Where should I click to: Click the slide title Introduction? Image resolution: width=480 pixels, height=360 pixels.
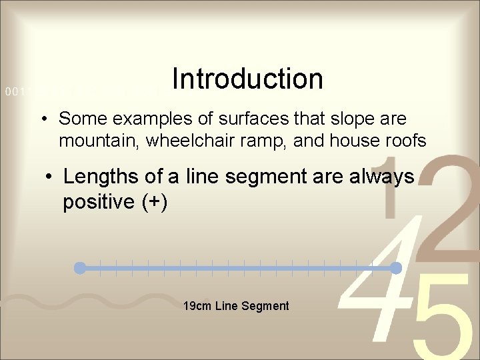[x=247, y=79]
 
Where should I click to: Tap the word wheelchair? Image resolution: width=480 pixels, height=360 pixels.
[x=183, y=142]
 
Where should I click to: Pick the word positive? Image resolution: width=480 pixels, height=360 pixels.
[x=99, y=202]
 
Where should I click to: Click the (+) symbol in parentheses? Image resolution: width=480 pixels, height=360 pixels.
[x=155, y=202]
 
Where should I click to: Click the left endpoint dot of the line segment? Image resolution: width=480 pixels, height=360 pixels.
[x=80, y=268]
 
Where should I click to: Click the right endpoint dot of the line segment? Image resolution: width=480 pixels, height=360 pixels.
[x=395, y=268]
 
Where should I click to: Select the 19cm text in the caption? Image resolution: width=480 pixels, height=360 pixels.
[x=195, y=306]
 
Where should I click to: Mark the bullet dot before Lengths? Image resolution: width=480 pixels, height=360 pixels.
[x=47, y=178]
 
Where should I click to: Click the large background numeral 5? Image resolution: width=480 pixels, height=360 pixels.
[x=437, y=320]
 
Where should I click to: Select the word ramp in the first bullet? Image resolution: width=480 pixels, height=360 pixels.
[x=263, y=142]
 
